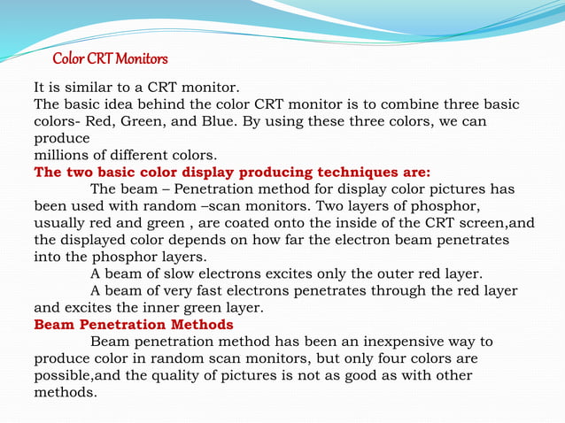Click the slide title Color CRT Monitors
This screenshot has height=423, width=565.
[x=110, y=59]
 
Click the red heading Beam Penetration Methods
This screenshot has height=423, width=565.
[x=134, y=324]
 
